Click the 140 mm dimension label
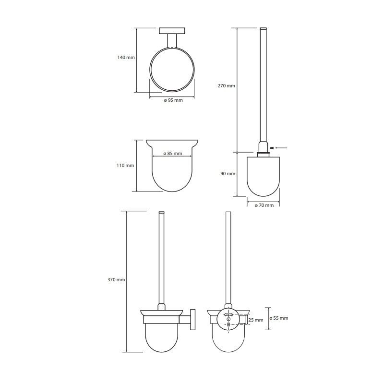[x=126, y=57]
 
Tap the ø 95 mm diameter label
[x=173, y=100]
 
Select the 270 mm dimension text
[x=226, y=86]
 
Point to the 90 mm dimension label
[x=228, y=174]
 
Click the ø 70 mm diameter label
[x=264, y=205]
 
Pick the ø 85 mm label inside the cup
[x=173, y=154]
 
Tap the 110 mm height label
[x=125, y=165]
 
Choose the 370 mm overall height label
[x=116, y=280]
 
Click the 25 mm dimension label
[x=256, y=320]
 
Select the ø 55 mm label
[x=279, y=318]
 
